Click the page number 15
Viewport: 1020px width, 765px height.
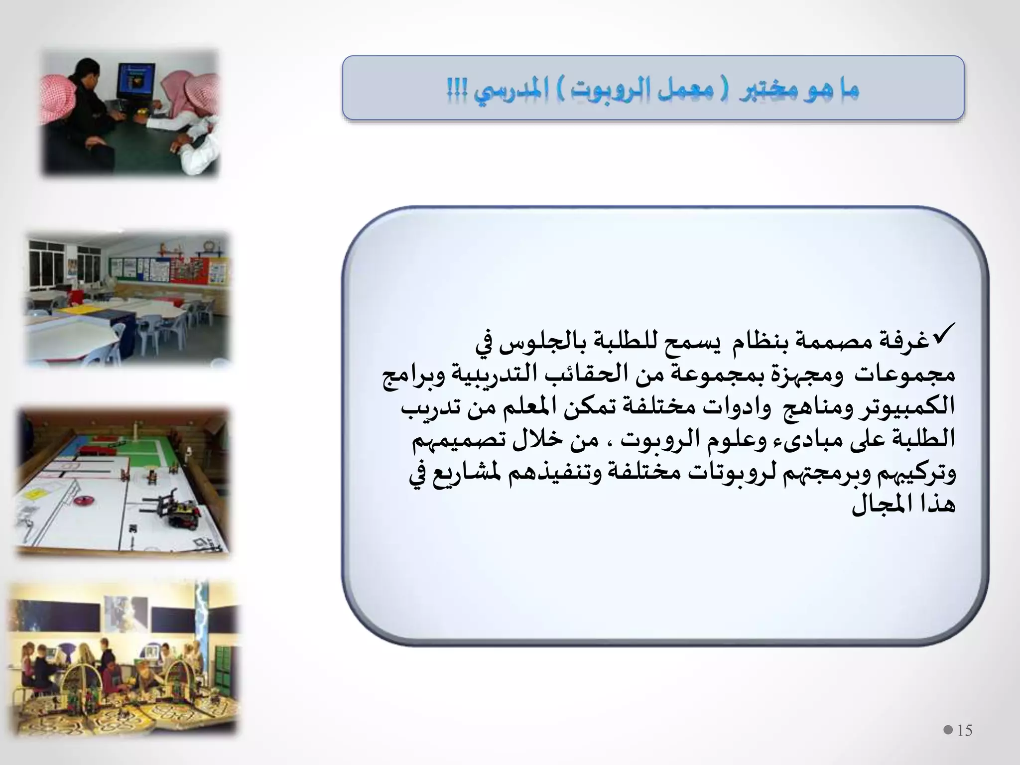pos(965,730)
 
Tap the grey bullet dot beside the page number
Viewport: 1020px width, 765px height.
pos(948,730)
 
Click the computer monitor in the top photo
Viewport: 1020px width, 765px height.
pos(135,80)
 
